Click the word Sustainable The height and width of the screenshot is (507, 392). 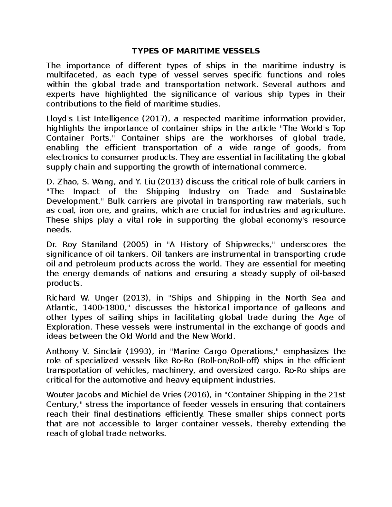[323, 191]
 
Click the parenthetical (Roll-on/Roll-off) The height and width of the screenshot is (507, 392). [224, 361]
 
